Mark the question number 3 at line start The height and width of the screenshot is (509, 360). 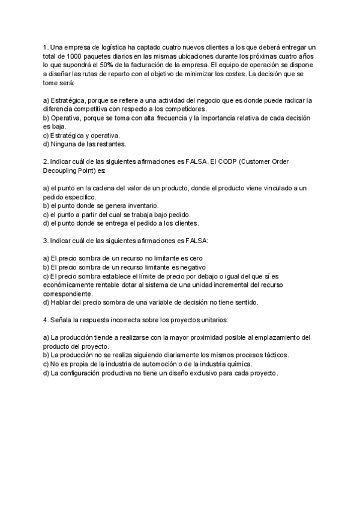coord(45,240)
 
